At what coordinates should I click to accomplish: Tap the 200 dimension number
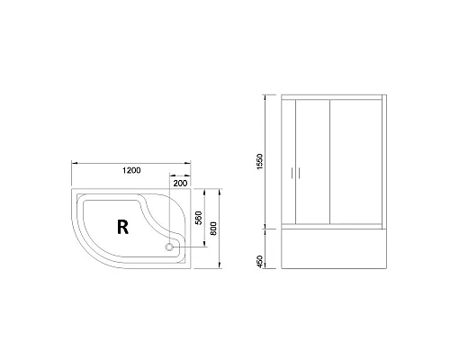(180, 183)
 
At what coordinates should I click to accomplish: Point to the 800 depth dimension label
(214, 229)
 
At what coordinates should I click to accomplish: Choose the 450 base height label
(259, 261)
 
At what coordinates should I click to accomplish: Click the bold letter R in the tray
(122, 227)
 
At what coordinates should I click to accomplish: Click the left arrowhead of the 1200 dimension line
(74, 163)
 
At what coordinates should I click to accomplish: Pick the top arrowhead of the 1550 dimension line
(265, 94)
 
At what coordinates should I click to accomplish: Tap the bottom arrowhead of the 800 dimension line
(221, 266)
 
